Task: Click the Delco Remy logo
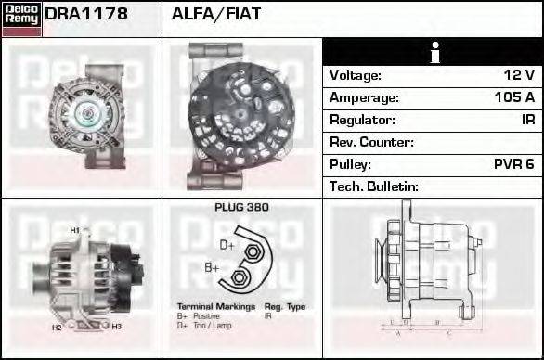pyautogui.click(x=21, y=19)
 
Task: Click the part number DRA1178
pyautogui.click(x=86, y=14)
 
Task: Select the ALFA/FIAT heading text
pyautogui.click(x=216, y=14)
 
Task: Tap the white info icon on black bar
pyautogui.click(x=434, y=53)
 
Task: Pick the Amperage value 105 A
pyautogui.click(x=514, y=97)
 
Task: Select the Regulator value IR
pyautogui.click(x=527, y=120)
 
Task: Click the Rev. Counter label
pyautogui.click(x=371, y=142)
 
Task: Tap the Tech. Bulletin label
pyautogui.click(x=373, y=186)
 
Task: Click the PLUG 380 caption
pyautogui.click(x=241, y=208)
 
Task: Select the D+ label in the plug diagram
pyautogui.click(x=227, y=245)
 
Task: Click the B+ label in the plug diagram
pyautogui.click(x=212, y=267)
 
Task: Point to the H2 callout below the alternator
pyautogui.click(x=56, y=328)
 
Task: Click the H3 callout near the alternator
pyautogui.click(x=116, y=327)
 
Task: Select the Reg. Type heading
pyautogui.click(x=284, y=306)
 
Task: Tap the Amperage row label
pyautogui.click(x=365, y=97)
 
